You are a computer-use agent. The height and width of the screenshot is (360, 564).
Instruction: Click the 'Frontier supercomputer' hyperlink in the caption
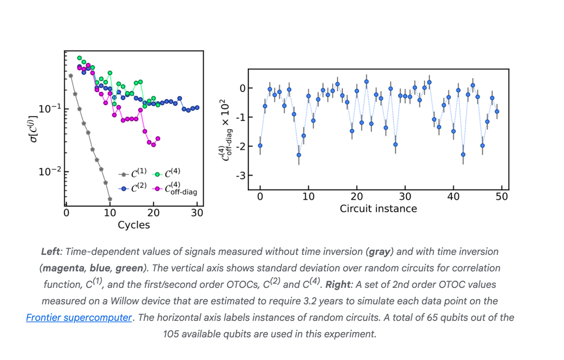point(79,318)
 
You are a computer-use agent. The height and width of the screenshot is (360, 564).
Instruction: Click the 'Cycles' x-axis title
point(134,225)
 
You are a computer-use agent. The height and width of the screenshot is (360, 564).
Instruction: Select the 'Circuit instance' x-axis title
point(378,209)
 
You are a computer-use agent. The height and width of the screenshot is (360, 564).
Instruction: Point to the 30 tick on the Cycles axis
point(197,213)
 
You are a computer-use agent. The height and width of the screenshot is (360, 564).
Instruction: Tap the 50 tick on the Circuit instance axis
point(502,196)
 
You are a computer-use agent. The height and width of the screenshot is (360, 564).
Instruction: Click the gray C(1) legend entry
point(132,174)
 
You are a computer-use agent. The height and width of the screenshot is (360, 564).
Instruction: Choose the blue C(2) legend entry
point(132,188)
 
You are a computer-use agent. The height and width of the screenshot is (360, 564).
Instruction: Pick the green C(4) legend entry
point(166,174)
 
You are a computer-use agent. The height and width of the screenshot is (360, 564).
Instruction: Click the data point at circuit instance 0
point(260,146)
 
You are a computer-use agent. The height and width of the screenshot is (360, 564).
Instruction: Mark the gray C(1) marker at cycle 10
point(110,199)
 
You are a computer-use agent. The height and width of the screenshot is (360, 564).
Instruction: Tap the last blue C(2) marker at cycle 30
point(197,108)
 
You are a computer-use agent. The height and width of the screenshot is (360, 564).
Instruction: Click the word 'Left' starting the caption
point(51,252)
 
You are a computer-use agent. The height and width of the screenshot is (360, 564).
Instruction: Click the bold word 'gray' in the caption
point(379,252)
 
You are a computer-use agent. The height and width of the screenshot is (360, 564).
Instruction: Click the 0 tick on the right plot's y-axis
point(242,88)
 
